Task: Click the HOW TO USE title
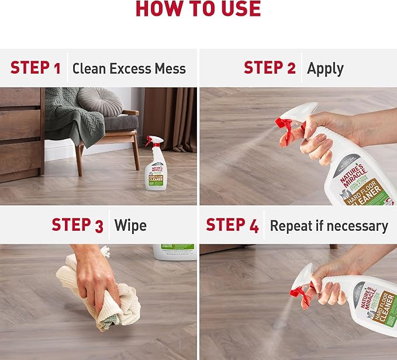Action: pos(198,9)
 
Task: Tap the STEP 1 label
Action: pos(36,68)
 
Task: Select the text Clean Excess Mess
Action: pos(129,68)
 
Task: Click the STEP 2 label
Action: pos(270,68)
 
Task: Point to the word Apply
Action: pos(325,68)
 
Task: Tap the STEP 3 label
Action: pos(77,225)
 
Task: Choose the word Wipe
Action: pos(130,226)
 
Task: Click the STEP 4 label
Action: pos(232,225)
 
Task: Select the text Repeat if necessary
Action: pos(329,226)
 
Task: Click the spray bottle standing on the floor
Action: pos(155,167)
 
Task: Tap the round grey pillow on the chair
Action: pos(100,101)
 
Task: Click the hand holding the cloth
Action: pos(94,275)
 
